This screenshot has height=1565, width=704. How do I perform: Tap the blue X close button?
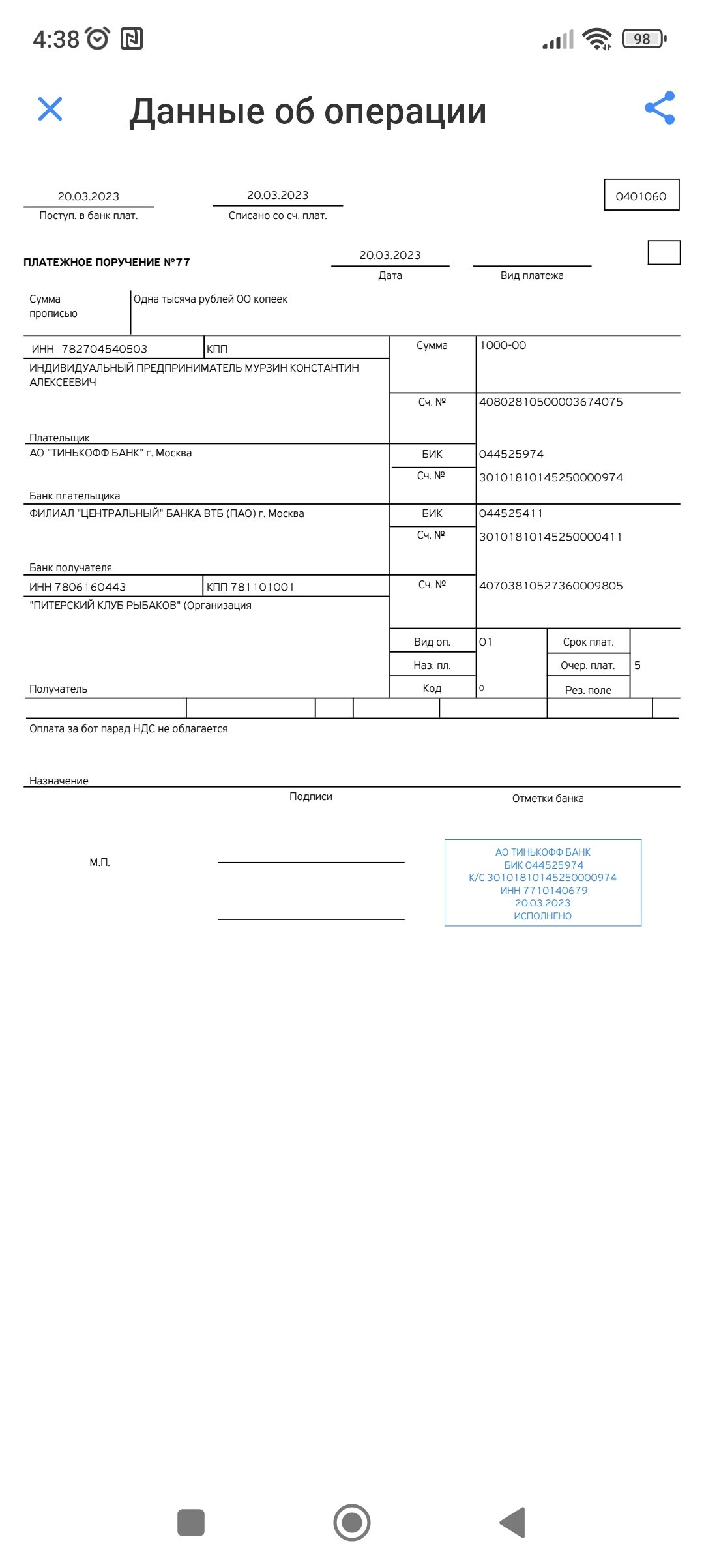pyautogui.click(x=50, y=109)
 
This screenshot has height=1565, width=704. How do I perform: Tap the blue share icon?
pyautogui.click(x=660, y=108)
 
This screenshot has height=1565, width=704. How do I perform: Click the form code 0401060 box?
pyautogui.click(x=641, y=196)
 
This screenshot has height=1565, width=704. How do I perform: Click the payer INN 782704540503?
pyautogui.click(x=104, y=349)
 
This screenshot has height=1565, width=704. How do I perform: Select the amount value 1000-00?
pyautogui.click(x=503, y=345)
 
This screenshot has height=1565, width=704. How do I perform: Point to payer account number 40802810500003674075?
pyautogui.click(x=551, y=402)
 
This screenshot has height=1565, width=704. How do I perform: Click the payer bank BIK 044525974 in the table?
pyautogui.click(x=511, y=454)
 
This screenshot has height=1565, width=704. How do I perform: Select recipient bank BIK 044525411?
pyautogui.click(x=511, y=513)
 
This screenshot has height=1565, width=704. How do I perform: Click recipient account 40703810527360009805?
pyautogui.click(x=551, y=586)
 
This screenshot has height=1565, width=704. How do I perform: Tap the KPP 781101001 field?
pyautogui.click(x=250, y=587)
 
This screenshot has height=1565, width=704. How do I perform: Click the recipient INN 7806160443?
pyautogui.click(x=78, y=587)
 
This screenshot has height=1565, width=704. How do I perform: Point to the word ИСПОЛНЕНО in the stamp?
pyautogui.click(x=542, y=916)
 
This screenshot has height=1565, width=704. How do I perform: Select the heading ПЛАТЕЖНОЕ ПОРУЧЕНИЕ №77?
pyautogui.click(x=107, y=262)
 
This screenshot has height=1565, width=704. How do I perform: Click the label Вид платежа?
pyautogui.click(x=532, y=275)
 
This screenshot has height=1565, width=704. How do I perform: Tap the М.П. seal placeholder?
pyautogui.click(x=100, y=862)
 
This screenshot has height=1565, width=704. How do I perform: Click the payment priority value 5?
pyautogui.click(x=638, y=665)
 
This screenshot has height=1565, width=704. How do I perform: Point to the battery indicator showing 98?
pyautogui.click(x=643, y=39)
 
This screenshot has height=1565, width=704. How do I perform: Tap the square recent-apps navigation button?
pyautogui.click(x=191, y=1523)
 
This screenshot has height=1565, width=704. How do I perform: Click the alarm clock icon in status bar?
pyautogui.click(x=98, y=38)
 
